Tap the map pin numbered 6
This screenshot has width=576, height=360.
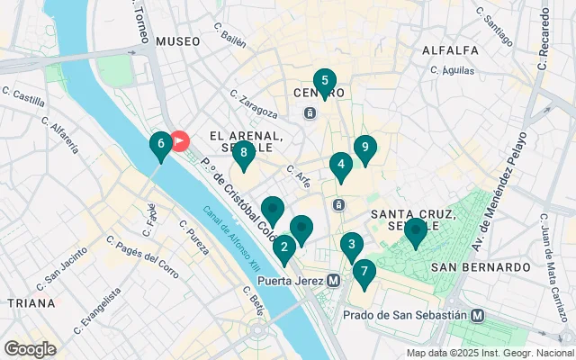pyautogui.click(x=160, y=144)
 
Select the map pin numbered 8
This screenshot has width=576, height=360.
pyautogui.click(x=243, y=153)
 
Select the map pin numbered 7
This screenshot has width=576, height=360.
pyautogui.click(x=364, y=272)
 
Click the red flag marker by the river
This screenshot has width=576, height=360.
pyautogui.click(x=180, y=141)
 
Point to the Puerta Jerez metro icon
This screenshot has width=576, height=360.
pyautogui.click(x=334, y=280)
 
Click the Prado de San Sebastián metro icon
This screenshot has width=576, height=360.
pyautogui.click(x=477, y=315)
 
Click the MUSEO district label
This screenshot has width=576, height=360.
pyautogui.click(x=177, y=41)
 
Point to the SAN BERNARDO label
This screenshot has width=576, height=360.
pyautogui.click(x=481, y=267)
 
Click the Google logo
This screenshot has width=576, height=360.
pyautogui.click(x=30, y=348)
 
